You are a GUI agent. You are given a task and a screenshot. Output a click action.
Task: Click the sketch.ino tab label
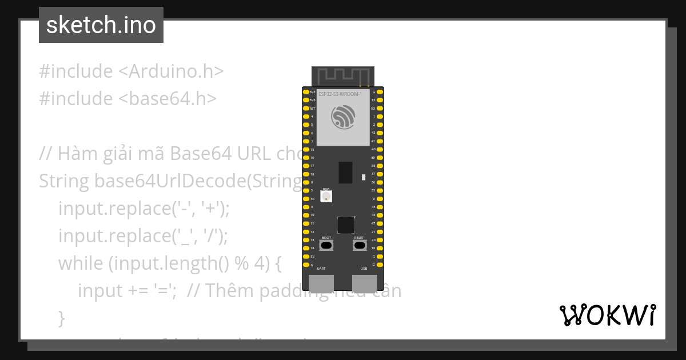(x=101, y=25)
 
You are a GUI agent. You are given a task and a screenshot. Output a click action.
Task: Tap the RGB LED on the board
(x=326, y=196)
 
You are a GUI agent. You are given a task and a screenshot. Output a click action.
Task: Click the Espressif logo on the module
(x=343, y=117)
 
